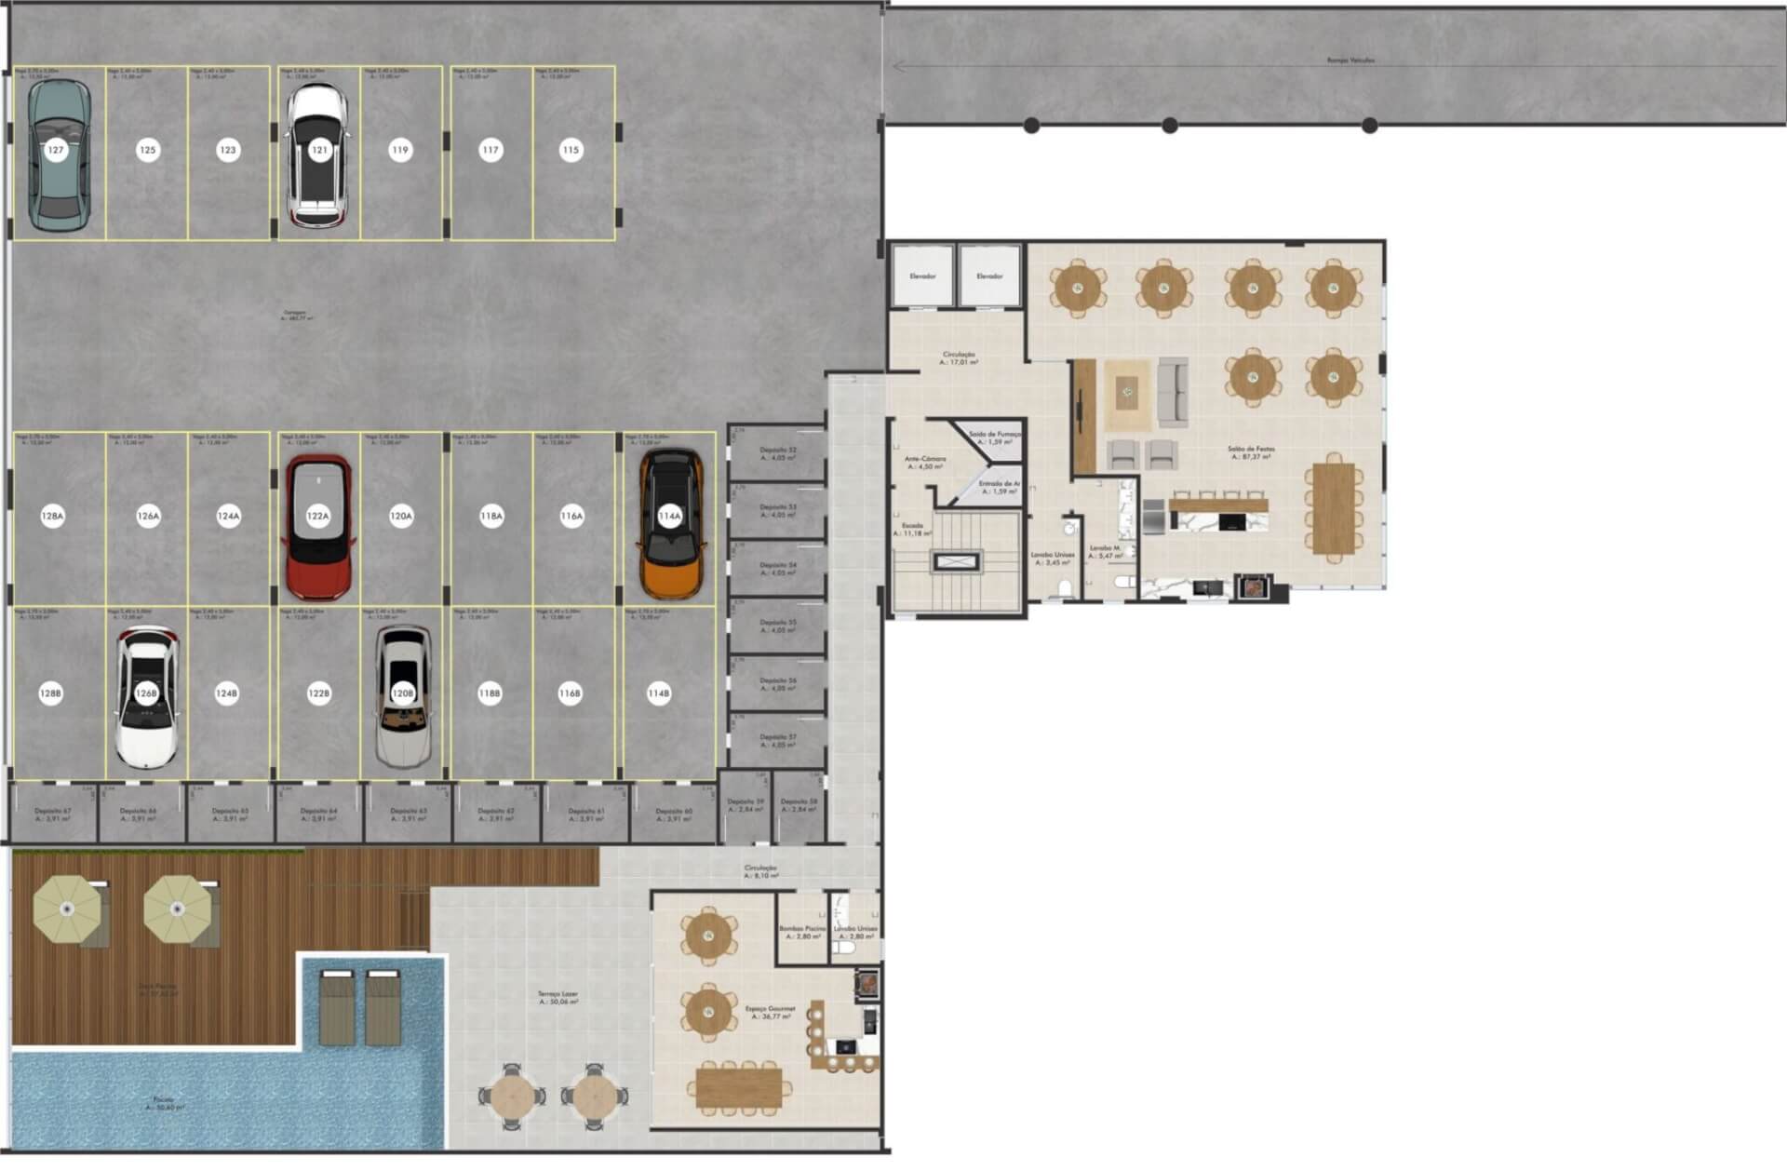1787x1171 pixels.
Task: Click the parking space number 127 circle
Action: pyautogui.click(x=56, y=150)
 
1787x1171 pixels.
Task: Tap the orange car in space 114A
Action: pyautogui.click(x=670, y=524)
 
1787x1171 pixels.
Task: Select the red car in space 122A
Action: pyautogui.click(x=318, y=527)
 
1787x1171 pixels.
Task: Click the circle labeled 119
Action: pyautogui.click(x=400, y=150)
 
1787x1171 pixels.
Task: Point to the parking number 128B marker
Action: pyautogui.click(x=51, y=693)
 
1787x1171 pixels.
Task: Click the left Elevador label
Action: pyautogui.click(x=922, y=276)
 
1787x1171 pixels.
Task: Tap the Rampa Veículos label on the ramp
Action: pyautogui.click(x=1350, y=61)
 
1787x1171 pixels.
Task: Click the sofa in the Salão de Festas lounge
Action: pyautogui.click(x=1173, y=392)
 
